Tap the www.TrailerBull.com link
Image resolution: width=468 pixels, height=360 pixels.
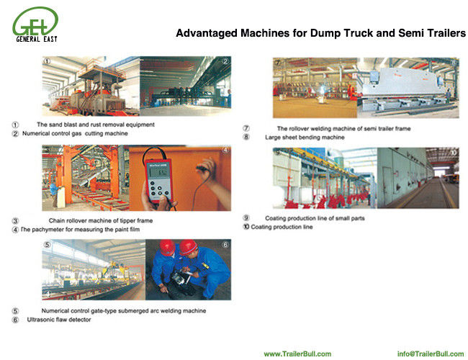297,354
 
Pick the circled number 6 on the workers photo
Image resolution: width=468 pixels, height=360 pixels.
225,246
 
